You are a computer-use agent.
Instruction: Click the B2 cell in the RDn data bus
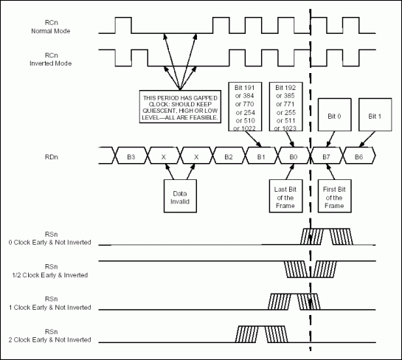(x=229, y=157)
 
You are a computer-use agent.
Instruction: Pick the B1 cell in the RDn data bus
(x=260, y=157)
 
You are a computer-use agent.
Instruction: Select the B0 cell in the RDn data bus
(x=293, y=157)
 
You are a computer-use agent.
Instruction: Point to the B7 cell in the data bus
(x=325, y=157)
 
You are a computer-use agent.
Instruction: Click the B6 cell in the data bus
(x=358, y=157)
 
